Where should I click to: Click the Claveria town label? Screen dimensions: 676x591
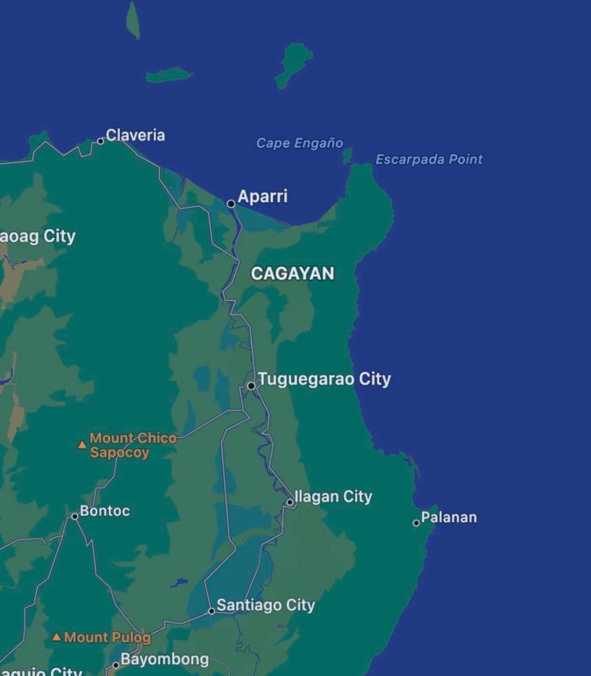pos(135,135)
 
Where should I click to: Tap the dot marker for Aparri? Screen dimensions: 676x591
pos(231,203)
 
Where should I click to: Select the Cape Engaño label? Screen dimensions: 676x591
pos(300,143)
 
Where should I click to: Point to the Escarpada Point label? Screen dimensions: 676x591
pos(429,160)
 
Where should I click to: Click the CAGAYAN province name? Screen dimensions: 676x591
pos(292,274)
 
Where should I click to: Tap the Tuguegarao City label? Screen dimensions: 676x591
pos(324,379)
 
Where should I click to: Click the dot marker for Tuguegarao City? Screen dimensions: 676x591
pos(251,386)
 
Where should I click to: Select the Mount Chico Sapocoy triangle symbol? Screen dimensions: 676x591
pos(82,445)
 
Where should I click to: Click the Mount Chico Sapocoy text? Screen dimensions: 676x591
pos(133,445)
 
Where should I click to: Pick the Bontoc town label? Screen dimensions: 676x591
pos(105,511)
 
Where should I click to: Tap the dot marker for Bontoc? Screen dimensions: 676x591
pos(75,516)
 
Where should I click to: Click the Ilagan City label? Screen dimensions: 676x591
pos(333,497)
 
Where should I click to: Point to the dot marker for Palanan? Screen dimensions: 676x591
pos(416,523)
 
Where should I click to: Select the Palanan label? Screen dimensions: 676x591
pos(449,518)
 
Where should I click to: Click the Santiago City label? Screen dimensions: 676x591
pos(266,605)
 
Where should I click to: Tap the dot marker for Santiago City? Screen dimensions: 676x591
pos(212,611)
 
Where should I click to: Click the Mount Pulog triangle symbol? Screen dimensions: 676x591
pos(57,637)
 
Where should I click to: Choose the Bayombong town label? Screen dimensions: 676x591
pos(164,660)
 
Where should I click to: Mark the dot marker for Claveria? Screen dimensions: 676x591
pos(101,141)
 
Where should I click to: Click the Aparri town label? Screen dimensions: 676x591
pos(262,197)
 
